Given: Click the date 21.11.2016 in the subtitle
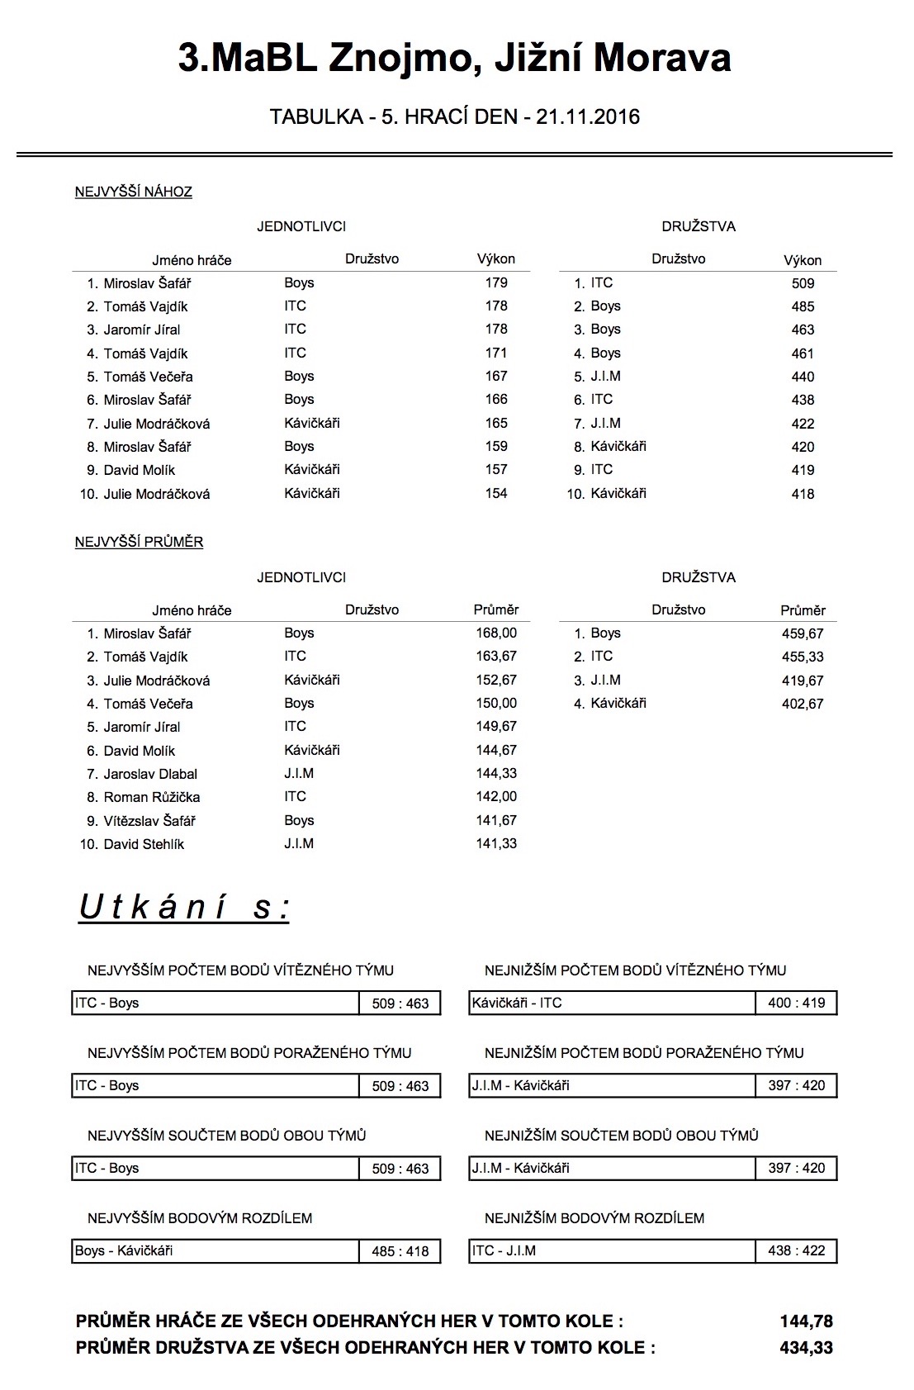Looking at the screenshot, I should [x=587, y=116].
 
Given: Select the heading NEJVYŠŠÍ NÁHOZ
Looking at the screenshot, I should [x=134, y=192].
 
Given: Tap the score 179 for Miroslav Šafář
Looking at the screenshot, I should [x=496, y=282].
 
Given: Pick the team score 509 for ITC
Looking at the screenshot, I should [x=803, y=283].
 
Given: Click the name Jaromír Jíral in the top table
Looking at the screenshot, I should [x=142, y=330].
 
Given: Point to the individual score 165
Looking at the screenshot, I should [x=496, y=423].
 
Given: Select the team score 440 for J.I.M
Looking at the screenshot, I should [x=803, y=377].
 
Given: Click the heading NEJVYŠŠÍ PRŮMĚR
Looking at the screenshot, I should [x=139, y=542].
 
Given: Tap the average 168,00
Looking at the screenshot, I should [x=496, y=633].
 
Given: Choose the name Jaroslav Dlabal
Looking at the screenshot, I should [x=150, y=774].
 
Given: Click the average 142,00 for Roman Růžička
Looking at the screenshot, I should [x=496, y=796].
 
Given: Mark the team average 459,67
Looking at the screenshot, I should [x=803, y=633].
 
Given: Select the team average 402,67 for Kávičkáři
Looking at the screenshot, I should [x=803, y=704].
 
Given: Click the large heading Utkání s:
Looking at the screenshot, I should [x=184, y=907].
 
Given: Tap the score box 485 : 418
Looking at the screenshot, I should [x=400, y=1251].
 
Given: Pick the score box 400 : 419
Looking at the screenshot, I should [x=797, y=1003].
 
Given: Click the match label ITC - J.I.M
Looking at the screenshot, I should [x=504, y=1250].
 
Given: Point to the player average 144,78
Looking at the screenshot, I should [x=806, y=1321].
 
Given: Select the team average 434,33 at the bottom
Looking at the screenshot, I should [x=806, y=1348].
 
